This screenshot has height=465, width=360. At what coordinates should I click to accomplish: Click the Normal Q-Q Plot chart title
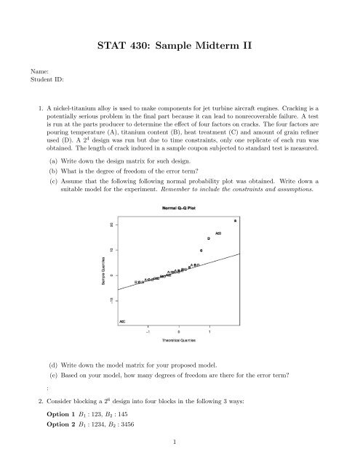(x=179, y=209)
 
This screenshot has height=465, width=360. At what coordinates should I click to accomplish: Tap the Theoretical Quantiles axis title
(x=179, y=339)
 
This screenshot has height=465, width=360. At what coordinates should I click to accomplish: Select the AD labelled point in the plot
(x=217, y=233)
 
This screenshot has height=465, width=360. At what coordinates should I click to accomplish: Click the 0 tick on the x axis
(x=179, y=331)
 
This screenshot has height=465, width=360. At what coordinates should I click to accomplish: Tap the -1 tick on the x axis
(x=148, y=331)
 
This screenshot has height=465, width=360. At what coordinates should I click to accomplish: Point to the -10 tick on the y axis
(x=111, y=299)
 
